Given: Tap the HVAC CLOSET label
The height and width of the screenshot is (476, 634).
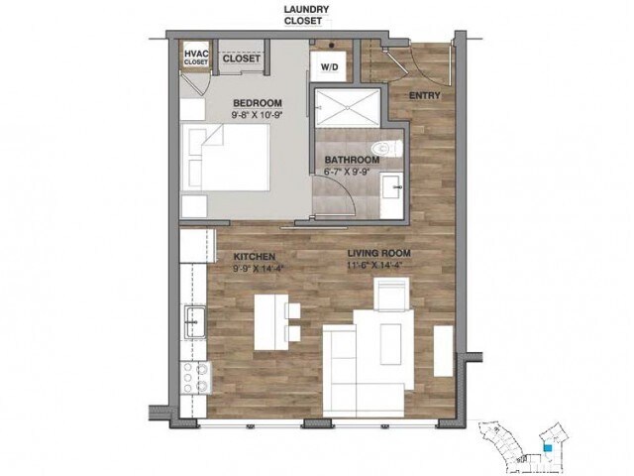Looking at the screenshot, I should (196, 56).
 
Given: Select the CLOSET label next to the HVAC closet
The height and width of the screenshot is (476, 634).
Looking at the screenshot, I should (241, 59).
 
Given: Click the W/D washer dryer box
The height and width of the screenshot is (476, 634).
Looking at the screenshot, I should (327, 66).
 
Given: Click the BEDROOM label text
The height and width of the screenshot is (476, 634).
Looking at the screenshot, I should (258, 103).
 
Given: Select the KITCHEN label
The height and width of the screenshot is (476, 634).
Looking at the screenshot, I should (254, 256).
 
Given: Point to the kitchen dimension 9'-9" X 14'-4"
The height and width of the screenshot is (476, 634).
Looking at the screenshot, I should (254, 268).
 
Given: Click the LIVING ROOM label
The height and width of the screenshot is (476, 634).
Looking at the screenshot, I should (378, 254).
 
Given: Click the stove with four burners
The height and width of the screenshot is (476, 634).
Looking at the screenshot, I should (193, 378).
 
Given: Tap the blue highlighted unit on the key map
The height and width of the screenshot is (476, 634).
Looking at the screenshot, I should (547, 448).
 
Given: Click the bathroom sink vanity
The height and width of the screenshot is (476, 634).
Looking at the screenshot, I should (393, 185).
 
